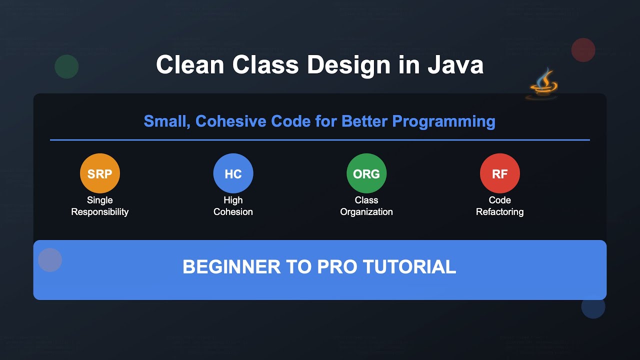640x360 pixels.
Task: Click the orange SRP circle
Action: (x=100, y=173)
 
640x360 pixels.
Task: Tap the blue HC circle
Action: (x=233, y=173)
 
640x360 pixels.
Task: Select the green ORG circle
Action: (x=366, y=173)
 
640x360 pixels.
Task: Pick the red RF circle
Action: (x=499, y=173)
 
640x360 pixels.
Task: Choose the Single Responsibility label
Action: (x=100, y=206)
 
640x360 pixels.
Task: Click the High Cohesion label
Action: (x=233, y=206)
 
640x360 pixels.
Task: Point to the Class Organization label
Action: (x=366, y=206)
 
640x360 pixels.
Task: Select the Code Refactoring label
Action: (x=499, y=206)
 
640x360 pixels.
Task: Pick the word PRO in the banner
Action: (x=337, y=267)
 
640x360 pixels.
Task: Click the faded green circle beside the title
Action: (x=66, y=66)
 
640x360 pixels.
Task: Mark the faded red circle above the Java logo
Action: (x=583, y=50)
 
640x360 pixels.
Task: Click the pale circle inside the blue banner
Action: (x=50, y=260)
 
